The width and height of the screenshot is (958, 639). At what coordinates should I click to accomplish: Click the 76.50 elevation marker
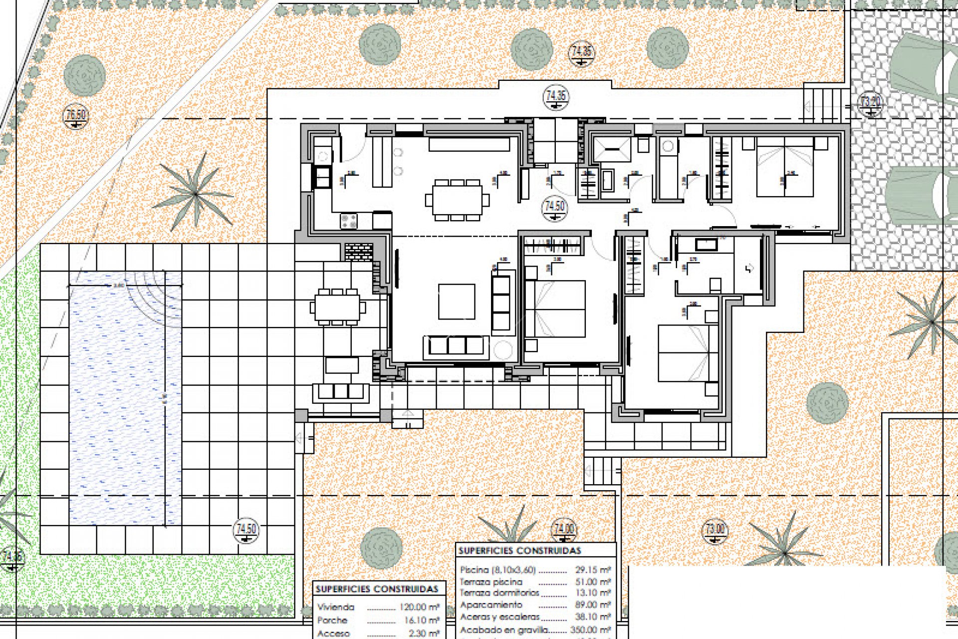pyautogui.click(x=76, y=116)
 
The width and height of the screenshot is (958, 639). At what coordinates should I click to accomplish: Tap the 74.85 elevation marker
pyautogui.click(x=581, y=53)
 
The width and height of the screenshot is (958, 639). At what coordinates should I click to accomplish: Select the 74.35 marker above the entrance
pyautogui.click(x=556, y=96)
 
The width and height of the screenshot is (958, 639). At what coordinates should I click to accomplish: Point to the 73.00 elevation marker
pyautogui.click(x=715, y=531)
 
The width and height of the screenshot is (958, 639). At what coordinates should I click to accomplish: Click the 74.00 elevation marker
pyautogui.click(x=564, y=530)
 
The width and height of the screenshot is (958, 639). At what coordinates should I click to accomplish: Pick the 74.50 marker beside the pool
pyautogui.click(x=246, y=531)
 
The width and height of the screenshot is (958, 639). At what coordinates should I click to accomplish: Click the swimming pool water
pyautogui.click(x=120, y=399)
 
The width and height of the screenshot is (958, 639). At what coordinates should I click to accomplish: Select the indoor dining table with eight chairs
pyautogui.click(x=457, y=200)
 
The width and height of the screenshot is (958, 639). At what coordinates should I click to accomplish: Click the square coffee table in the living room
pyautogui.click(x=456, y=302)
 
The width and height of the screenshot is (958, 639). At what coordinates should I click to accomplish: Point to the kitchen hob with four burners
pyautogui.click(x=349, y=221)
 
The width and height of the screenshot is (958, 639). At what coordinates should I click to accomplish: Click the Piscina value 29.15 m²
pyautogui.click(x=592, y=570)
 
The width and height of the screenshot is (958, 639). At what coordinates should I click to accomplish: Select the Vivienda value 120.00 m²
pyautogui.click(x=419, y=608)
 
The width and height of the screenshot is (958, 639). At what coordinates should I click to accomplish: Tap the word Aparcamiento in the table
pyautogui.click(x=491, y=605)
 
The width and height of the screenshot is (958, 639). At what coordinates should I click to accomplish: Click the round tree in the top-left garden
pyautogui.click(x=84, y=75)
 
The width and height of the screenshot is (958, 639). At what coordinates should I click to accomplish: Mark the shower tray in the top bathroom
pyautogui.click(x=611, y=149)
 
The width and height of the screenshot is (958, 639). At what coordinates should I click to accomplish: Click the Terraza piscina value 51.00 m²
pyautogui.click(x=592, y=582)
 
